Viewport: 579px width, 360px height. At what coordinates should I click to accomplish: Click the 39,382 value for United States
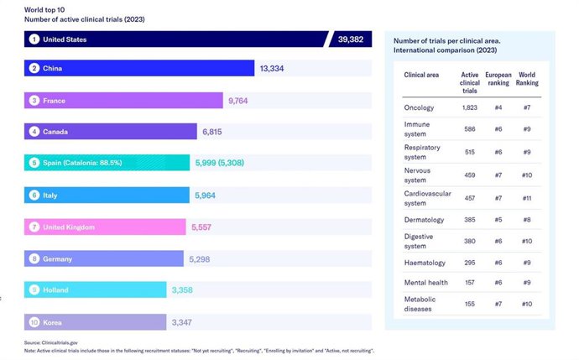(x=352, y=39)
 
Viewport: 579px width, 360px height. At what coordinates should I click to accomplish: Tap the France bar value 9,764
(x=238, y=101)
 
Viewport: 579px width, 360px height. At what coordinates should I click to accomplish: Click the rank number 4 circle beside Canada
(x=34, y=132)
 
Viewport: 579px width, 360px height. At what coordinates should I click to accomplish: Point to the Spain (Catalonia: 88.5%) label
(x=82, y=163)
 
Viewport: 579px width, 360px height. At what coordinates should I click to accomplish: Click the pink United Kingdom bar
(x=105, y=227)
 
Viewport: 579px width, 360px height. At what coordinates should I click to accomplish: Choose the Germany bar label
(x=57, y=258)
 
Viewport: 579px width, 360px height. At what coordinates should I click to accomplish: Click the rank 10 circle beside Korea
(x=34, y=321)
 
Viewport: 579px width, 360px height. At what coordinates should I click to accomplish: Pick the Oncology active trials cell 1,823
(x=470, y=107)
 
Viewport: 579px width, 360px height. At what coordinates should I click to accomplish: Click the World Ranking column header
(x=526, y=80)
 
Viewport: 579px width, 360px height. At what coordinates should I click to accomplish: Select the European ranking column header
(x=498, y=80)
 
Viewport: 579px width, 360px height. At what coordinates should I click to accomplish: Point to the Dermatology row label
(x=424, y=221)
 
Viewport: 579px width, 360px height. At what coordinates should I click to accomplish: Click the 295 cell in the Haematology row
(x=470, y=263)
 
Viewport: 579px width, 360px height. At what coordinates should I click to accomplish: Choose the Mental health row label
(x=425, y=284)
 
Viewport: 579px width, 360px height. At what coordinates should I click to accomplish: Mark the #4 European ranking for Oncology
(x=498, y=107)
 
